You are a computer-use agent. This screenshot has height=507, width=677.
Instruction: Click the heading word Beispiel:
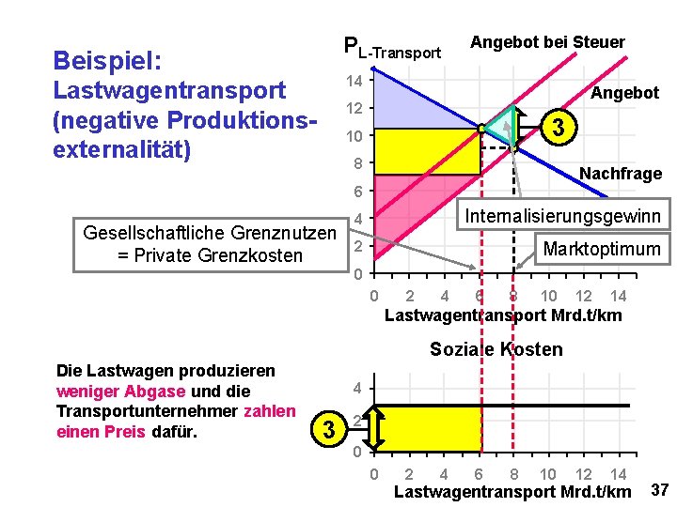[x=108, y=61]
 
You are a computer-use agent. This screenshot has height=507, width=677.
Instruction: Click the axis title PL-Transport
[x=392, y=49]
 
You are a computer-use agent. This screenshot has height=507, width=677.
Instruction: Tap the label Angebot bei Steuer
[x=547, y=42]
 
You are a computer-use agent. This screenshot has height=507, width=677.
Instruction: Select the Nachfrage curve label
[x=621, y=174]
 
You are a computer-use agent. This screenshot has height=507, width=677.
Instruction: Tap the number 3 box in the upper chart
[x=560, y=127]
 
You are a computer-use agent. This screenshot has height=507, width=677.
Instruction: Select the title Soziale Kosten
[x=496, y=349]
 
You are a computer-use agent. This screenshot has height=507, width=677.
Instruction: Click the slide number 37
[x=659, y=489]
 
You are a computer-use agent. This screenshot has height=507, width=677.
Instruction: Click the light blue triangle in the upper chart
[x=404, y=103]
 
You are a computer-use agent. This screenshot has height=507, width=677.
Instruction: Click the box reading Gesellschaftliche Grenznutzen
[x=210, y=243]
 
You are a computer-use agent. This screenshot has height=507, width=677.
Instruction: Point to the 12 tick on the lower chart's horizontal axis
[x=583, y=474]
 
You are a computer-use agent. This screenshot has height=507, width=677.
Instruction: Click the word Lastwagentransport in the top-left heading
[x=170, y=91]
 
